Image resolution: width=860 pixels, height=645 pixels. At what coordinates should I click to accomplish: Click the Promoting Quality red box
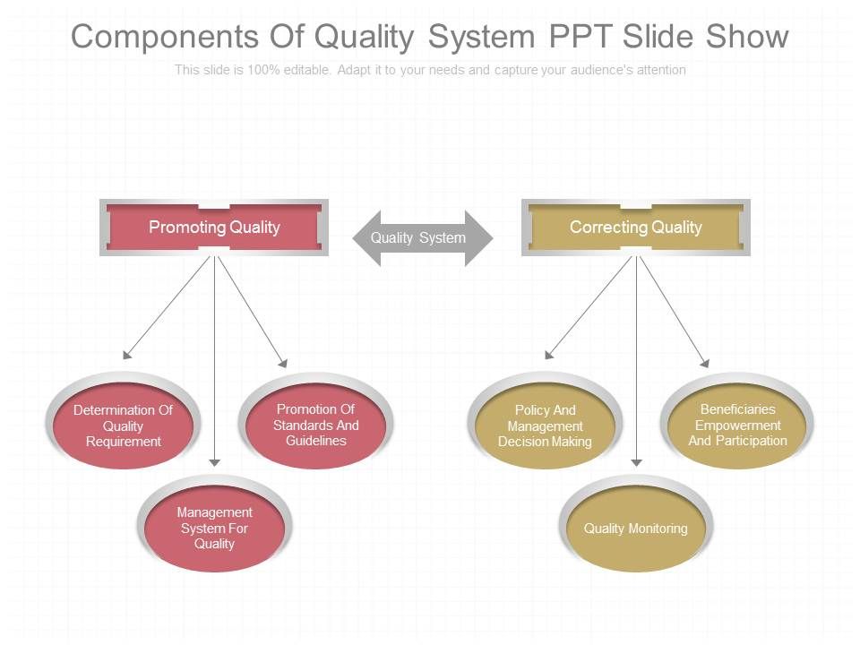pyautogui.click(x=213, y=228)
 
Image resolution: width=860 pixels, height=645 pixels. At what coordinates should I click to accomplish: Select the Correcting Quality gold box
pyautogui.click(x=635, y=228)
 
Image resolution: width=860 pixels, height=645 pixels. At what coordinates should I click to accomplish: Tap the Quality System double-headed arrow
pyautogui.click(x=419, y=238)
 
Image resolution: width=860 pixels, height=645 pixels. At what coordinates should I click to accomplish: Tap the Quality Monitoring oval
pyautogui.click(x=635, y=529)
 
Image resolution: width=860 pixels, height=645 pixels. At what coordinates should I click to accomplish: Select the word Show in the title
pyautogui.click(x=747, y=37)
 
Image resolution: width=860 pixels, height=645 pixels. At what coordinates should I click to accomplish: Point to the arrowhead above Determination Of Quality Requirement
pyautogui.click(x=126, y=356)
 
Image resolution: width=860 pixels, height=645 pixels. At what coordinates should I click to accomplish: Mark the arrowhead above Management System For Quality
pyautogui.click(x=214, y=461)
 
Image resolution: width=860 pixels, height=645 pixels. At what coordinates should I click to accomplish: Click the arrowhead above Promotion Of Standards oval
pyautogui.click(x=282, y=363)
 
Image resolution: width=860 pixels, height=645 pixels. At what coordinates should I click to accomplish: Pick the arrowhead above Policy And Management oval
pyautogui.click(x=549, y=356)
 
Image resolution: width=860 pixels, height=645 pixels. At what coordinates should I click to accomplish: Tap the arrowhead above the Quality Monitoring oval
pyautogui.click(x=636, y=462)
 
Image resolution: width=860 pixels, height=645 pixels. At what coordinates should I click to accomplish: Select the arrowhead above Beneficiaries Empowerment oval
pyautogui.click(x=704, y=363)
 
